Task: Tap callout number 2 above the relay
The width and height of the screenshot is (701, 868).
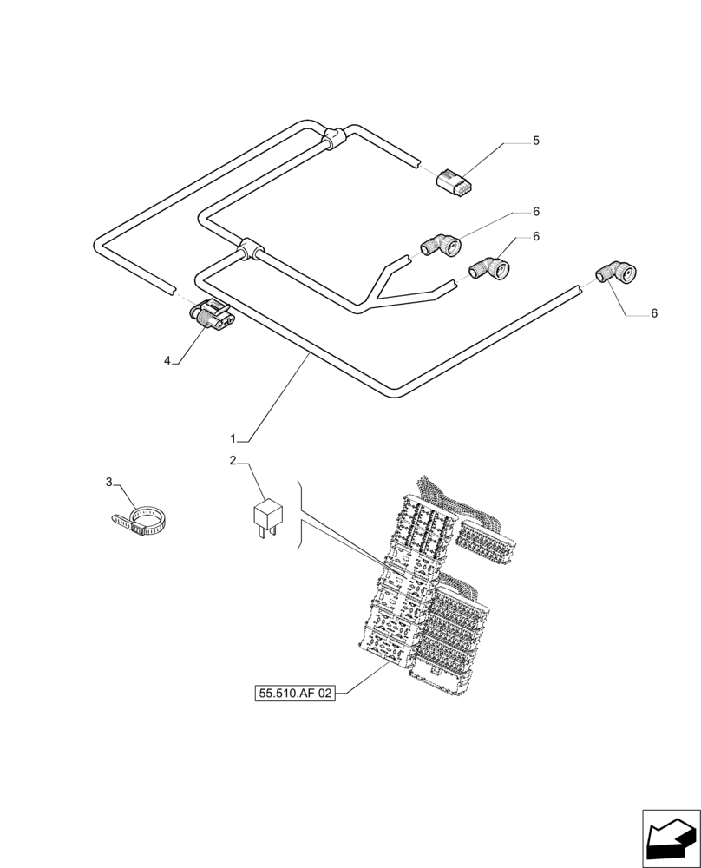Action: (x=233, y=460)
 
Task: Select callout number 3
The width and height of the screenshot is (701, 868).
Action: (x=109, y=482)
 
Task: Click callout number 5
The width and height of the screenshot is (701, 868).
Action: (x=535, y=140)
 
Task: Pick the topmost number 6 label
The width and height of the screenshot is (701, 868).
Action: (x=536, y=211)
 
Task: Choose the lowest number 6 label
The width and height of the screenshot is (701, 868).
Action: (x=653, y=313)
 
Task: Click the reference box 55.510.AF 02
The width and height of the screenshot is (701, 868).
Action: (x=295, y=694)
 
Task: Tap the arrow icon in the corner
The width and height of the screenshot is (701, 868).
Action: (x=671, y=838)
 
